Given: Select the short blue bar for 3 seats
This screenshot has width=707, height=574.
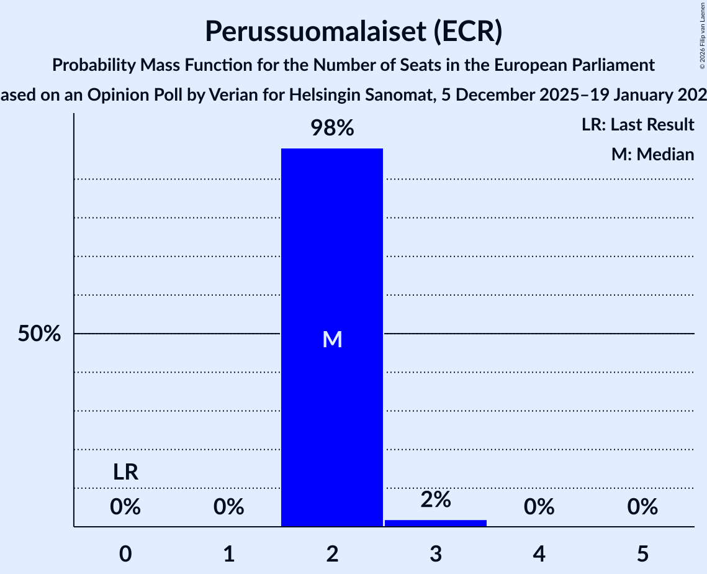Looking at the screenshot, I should [436, 523].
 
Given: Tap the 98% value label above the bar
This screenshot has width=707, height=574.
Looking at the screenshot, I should [332, 129].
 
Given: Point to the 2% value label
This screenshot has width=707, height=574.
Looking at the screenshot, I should [436, 499].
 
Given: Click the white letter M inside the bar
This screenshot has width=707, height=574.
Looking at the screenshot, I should [333, 339].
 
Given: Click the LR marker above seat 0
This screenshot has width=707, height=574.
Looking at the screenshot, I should [125, 473].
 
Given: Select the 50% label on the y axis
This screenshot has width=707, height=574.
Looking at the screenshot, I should [39, 334].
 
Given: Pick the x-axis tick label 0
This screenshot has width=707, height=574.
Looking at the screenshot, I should [125, 553].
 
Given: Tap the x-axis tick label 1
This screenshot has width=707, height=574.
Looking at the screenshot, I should [229, 553].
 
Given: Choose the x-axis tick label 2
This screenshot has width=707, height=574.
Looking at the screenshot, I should [332, 553].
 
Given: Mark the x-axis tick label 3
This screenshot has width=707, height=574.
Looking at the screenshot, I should [436, 553].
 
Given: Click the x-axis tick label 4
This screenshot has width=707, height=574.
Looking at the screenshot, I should [539, 553].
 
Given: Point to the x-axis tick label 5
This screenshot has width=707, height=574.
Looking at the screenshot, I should [642, 553].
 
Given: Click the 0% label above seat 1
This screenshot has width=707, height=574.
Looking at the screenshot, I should [229, 508].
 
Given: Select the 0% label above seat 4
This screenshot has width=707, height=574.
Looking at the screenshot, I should [539, 508].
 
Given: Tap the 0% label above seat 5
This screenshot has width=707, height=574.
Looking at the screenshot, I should [642, 508].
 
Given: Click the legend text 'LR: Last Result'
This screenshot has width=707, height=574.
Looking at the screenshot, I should [638, 125].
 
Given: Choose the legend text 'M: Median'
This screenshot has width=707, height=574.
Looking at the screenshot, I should [652, 154].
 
